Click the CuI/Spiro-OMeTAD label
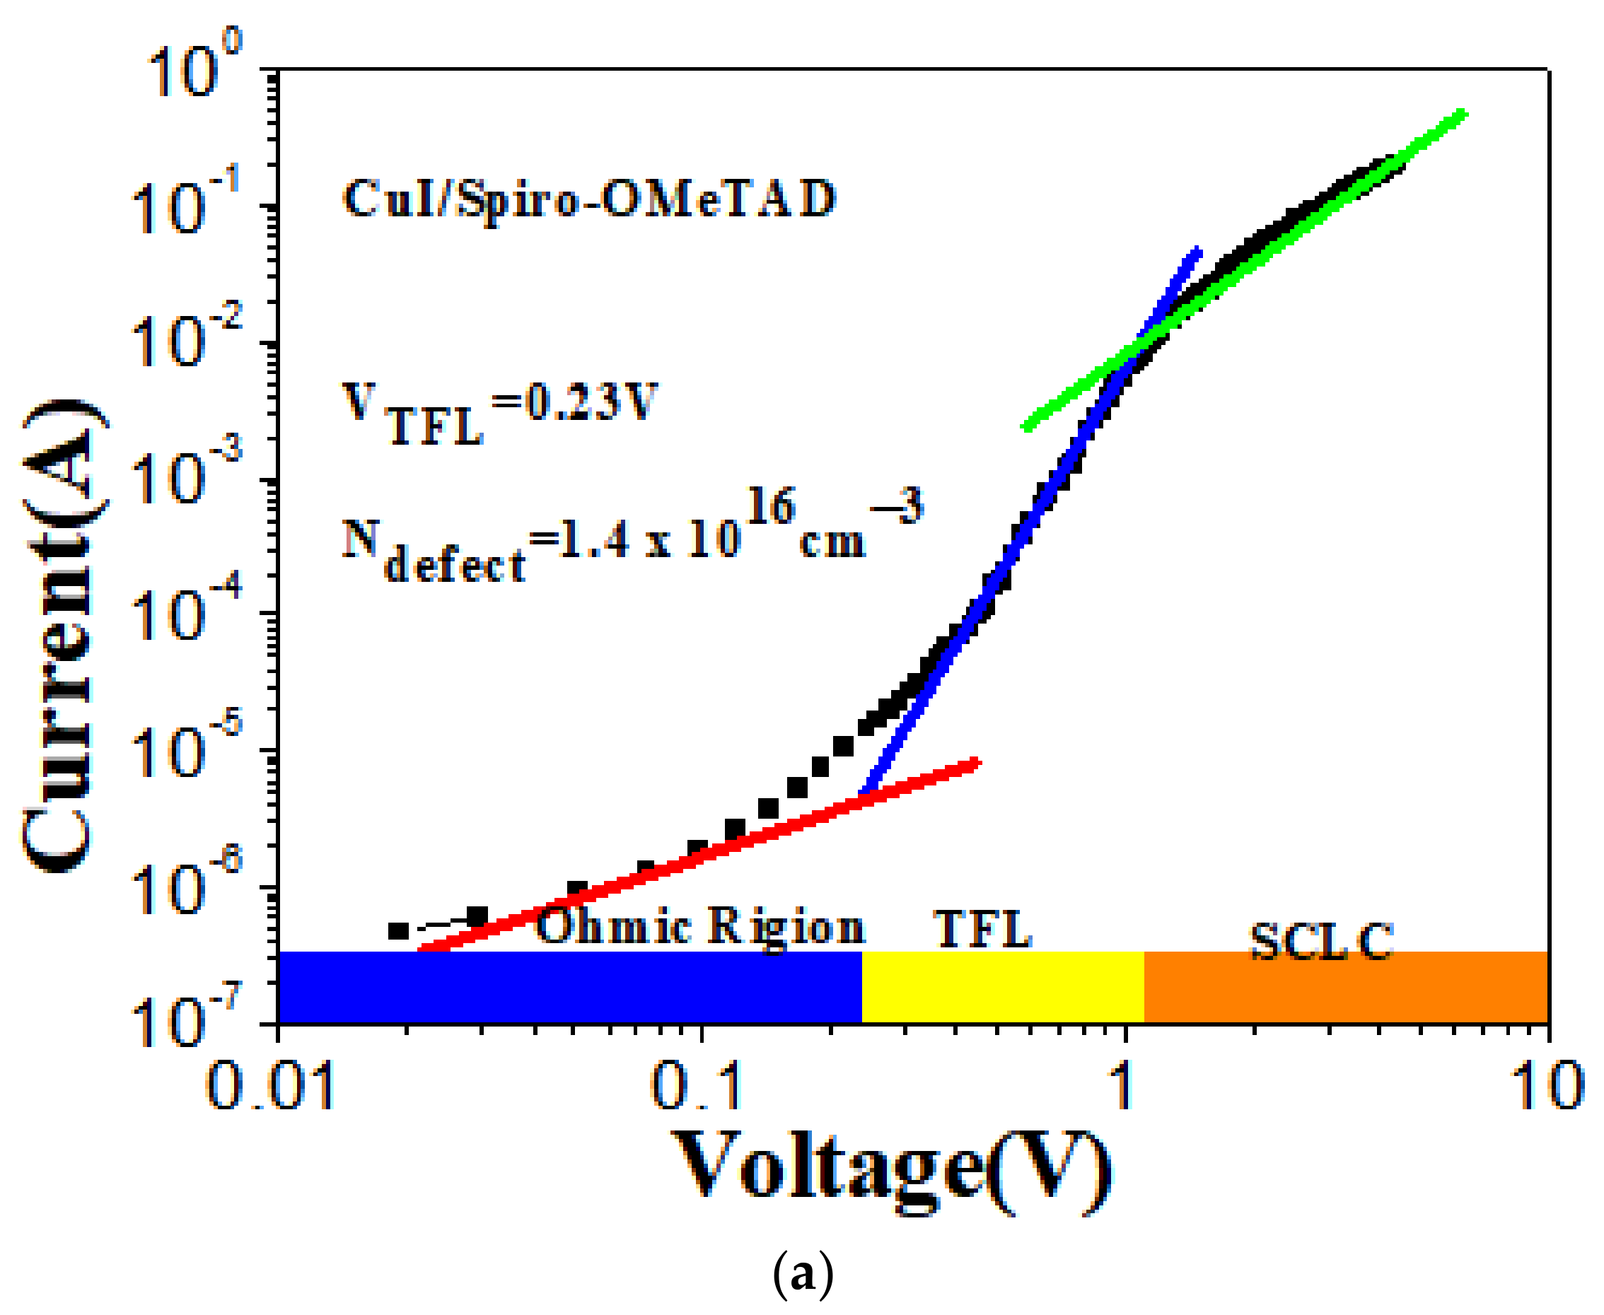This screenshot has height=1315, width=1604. (589, 199)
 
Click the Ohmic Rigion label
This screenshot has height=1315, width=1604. (700, 926)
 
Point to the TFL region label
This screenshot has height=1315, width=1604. (983, 929)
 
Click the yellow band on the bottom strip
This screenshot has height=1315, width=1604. (1001, 987)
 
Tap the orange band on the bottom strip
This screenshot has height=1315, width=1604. (1345, 987)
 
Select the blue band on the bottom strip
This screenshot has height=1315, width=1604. (570, 987)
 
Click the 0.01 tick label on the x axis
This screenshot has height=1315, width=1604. (269, 1085)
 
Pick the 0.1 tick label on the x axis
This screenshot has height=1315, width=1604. (697, 1085)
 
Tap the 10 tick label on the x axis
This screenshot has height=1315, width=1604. (1547, 1085)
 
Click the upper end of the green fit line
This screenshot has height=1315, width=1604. (1463, 115)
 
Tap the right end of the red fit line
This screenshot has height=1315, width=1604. (977, 762)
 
